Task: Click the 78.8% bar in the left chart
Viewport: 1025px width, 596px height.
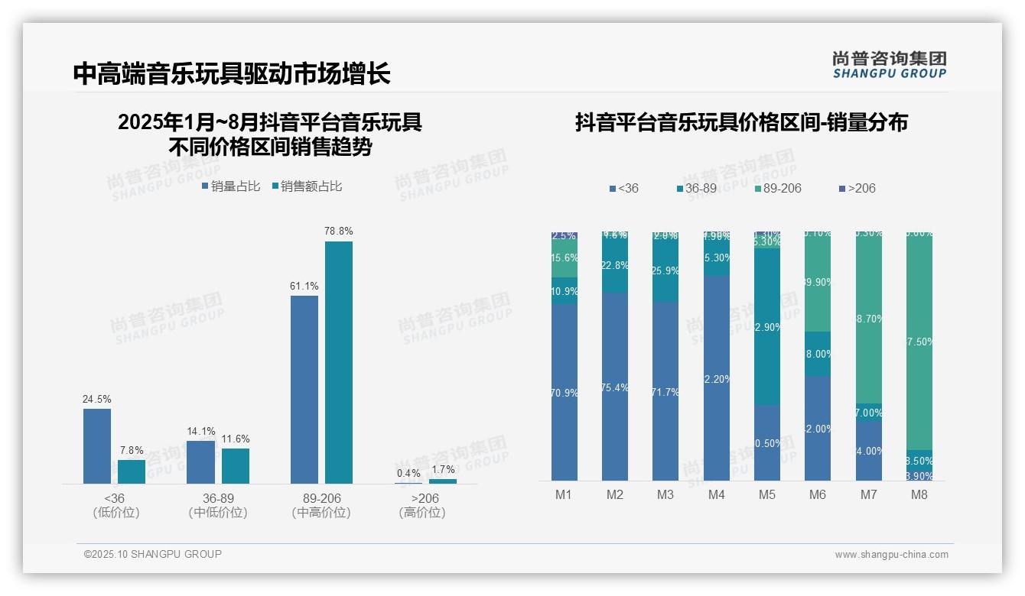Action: (339, 362)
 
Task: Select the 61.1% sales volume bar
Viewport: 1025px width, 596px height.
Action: (304, 389)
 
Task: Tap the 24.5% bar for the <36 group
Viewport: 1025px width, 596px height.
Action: (97, 445)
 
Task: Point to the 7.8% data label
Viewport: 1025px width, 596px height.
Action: (131, 450)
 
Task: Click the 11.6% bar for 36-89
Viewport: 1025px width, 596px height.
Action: (236, 465)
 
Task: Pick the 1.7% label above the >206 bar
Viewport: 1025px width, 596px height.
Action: (443, 470)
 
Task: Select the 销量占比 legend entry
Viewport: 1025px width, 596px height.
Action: (231, 186)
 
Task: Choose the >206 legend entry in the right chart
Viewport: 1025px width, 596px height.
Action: (857, 188)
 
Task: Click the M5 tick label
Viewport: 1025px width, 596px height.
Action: (767, 494)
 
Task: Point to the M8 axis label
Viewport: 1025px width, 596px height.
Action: (919, 494)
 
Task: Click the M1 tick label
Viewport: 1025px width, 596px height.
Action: (564, 494)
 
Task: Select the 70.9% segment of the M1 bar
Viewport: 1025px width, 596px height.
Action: (564, 392)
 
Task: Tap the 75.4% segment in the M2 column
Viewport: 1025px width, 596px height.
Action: (615, 387)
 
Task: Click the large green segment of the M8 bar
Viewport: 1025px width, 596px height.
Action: (919, 341)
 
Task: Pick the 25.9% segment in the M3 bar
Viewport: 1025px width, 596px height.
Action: (665, 270)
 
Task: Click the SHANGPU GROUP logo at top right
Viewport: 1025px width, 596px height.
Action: (890, 65)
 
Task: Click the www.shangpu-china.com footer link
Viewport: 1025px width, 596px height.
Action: (891, 555)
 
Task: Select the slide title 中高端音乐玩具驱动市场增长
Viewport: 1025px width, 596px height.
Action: (232, 73)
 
